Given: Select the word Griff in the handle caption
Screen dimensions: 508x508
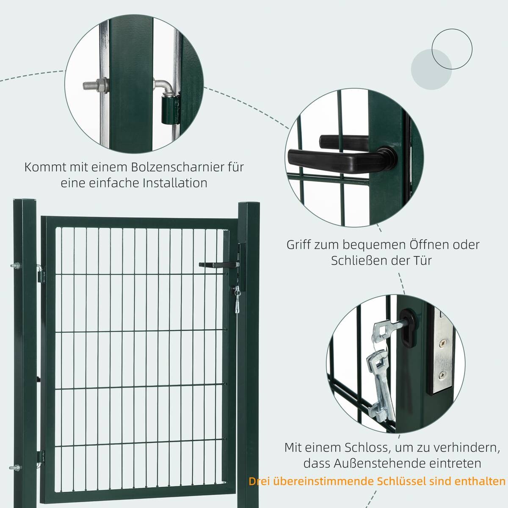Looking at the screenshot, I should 298,245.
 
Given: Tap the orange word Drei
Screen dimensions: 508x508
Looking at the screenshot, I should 260,481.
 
